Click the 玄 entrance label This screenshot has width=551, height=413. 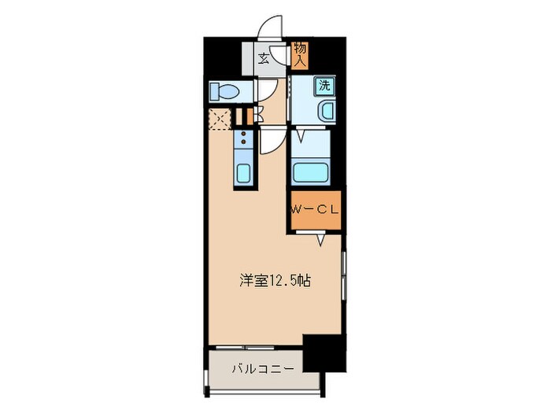point(264,57)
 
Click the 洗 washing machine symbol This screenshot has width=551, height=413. point(324,86)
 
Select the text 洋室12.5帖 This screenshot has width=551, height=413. point(274,280)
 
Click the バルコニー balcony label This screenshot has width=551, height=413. point(263,368)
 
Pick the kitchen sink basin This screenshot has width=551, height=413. point(243,173)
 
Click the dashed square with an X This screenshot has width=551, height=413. point(220,119)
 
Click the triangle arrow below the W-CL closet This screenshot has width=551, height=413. point(322,239)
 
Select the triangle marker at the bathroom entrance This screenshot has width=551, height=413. point(298,138)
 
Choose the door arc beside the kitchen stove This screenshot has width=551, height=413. point(270,142)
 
